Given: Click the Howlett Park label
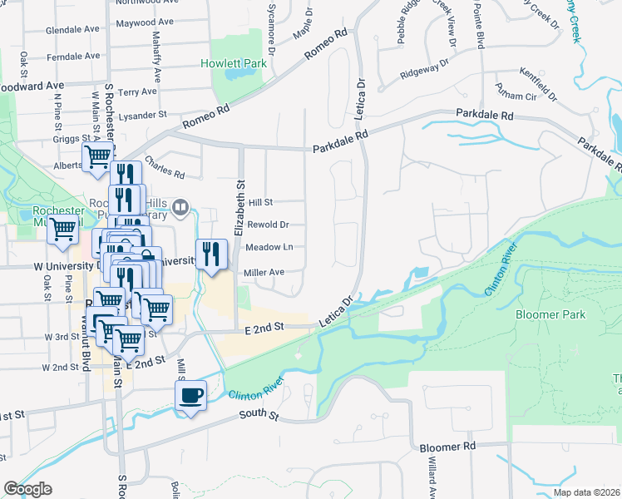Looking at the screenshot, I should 233,63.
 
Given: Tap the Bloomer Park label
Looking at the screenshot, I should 550,314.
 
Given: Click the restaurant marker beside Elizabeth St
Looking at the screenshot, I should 211,254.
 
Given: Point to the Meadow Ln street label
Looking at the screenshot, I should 270,247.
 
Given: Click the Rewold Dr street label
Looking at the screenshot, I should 268,225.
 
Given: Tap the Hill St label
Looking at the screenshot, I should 260,202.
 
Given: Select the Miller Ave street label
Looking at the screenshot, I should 264,272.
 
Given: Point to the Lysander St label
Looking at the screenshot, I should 143,116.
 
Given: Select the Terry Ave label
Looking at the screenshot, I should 138,91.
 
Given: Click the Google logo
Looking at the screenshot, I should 27,490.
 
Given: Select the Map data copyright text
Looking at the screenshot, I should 585,492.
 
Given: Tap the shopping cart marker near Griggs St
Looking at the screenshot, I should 98,156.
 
